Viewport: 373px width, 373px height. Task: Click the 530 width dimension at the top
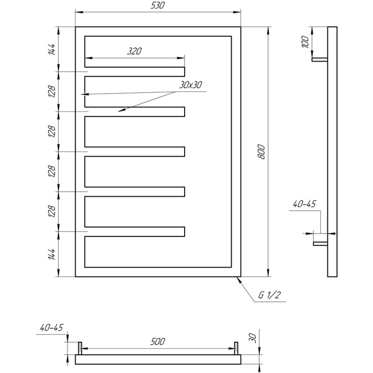tap(157, 5)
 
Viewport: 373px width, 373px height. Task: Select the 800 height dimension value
tap(261, 152)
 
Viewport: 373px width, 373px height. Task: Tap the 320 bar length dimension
tap(135, 51)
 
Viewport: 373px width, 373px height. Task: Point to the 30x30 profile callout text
tap(191, 85)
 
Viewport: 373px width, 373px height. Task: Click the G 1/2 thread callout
tap(269, 295)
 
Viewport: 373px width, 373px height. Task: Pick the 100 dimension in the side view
tap(305, 42)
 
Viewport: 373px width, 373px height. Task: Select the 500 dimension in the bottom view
tap(157, 341)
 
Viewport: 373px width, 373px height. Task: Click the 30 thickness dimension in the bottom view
tap(253, 338)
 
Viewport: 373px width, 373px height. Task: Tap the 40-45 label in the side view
tap(304, 204)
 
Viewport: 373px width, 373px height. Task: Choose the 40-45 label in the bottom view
tap(52, 328)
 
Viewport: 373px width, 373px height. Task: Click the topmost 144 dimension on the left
tap(52, 49)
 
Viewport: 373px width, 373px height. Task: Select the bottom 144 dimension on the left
tap(52, 254)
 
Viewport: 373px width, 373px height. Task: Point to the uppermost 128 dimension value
tap(52, 91)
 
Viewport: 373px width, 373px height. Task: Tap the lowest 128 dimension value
tap(52, 211)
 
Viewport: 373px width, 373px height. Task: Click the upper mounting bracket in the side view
tap(320, 60)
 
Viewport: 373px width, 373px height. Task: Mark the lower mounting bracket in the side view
tap(320, 244)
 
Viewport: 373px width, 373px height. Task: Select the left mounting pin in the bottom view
tap(80, 348)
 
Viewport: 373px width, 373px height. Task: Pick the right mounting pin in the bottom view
tap(236, 348)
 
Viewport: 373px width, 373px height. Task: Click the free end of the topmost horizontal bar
tap(185, 72)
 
